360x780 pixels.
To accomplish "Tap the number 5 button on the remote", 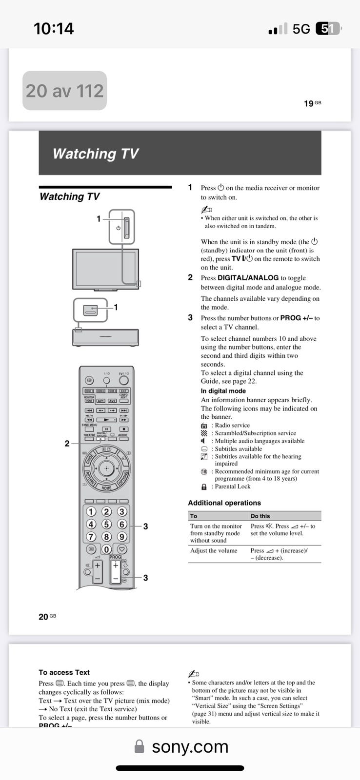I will click(x=106, y=524).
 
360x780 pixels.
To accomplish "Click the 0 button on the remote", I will click(x=106, y=549).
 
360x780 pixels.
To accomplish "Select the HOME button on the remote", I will click(x=106, y=487).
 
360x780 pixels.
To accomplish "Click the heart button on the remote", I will click(x=122, y=549).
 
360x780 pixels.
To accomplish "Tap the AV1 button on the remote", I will click(x=101, y=401).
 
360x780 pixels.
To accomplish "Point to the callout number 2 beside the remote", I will click(x=67, y=444).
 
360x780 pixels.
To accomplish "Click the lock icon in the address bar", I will click(x=139, y=747).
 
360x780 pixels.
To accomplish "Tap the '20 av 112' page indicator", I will click(x=64, y=91).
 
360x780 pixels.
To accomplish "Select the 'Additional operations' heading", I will click(x=224, y=503).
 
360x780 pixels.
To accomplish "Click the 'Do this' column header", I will click(x=260, y=516).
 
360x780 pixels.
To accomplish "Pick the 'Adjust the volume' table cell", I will click(x=214, y=550).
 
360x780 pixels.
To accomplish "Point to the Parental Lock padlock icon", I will click(x=204, y=487).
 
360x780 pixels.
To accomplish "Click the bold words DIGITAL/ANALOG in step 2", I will click(x=248, y=277).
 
